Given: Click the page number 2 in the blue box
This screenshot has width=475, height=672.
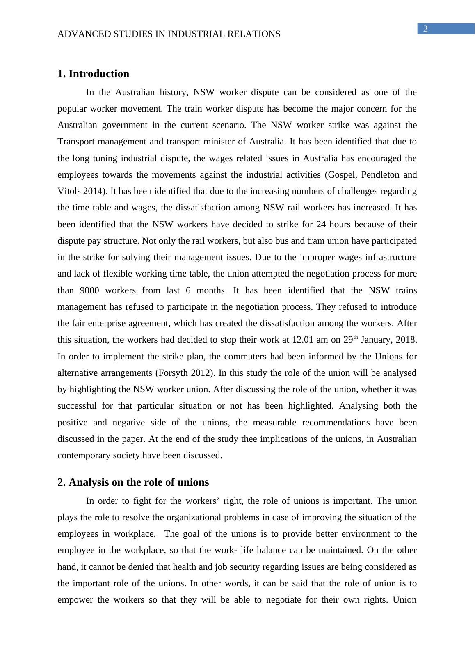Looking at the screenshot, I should tap(425, 29).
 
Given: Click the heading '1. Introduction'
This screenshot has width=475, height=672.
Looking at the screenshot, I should tap(93, 74).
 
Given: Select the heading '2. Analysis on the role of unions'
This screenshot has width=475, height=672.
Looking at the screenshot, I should tap(133, 482).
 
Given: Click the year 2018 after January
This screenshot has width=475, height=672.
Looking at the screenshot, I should tap(406, 340).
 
